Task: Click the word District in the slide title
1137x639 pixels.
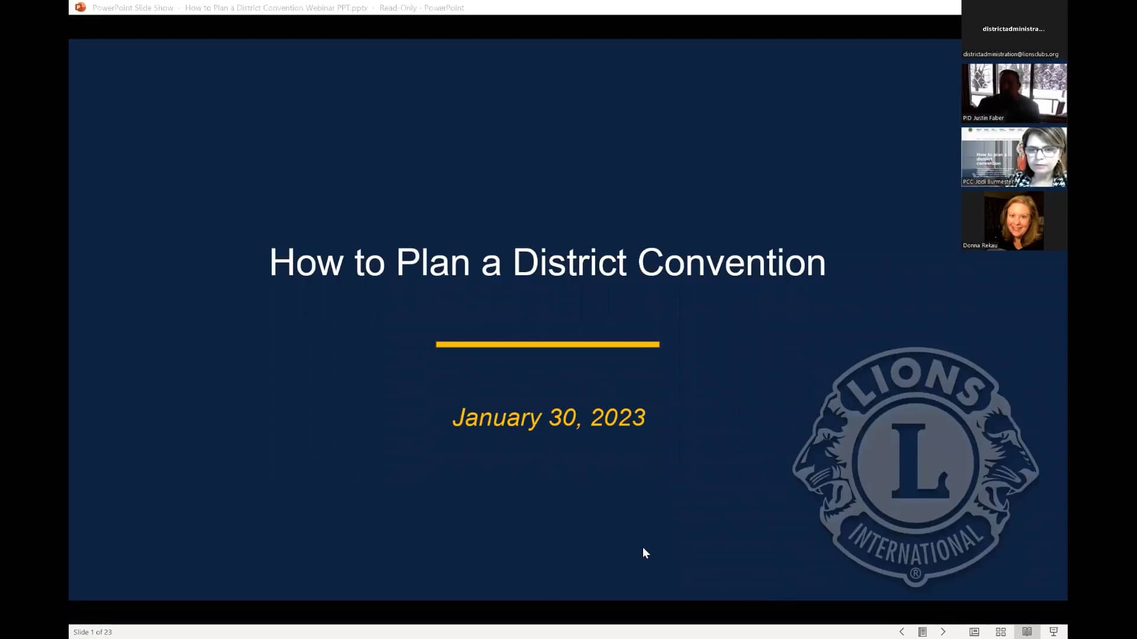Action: (x=569, y=263)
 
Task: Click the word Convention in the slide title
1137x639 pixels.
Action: (x=731, y=263)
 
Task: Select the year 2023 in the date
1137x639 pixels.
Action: (x=618, y=418)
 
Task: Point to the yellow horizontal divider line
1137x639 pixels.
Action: (x=547, y=344)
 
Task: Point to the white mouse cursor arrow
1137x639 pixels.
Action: (x=645, y=553)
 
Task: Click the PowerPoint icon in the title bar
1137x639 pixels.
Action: (x=81, y=8)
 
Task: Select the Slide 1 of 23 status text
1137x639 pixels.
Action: (x=93, y=632)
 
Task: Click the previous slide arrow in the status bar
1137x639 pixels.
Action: (x=901, y=632)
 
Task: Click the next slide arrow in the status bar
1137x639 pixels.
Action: (x=943, y=632)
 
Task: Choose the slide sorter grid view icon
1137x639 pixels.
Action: (x=1001, y=632)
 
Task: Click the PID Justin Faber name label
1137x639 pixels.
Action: (x=983, y=118)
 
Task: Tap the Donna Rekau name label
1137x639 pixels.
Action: (x=979, y=245)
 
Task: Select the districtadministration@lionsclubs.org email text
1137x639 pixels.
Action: (x=1010, y=54)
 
